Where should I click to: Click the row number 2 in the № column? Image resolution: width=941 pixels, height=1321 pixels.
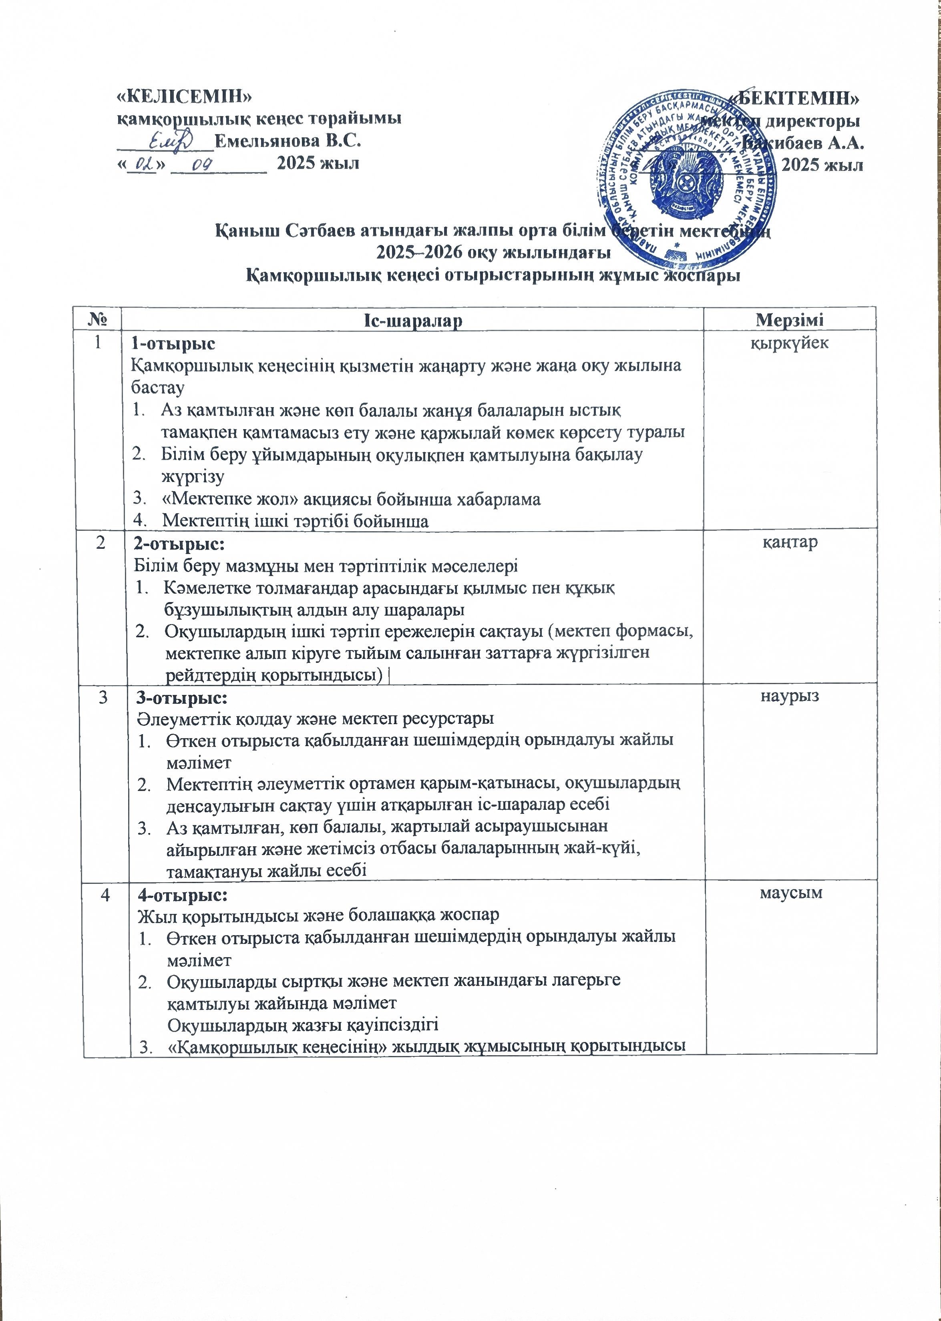click(x=102, y=544)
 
